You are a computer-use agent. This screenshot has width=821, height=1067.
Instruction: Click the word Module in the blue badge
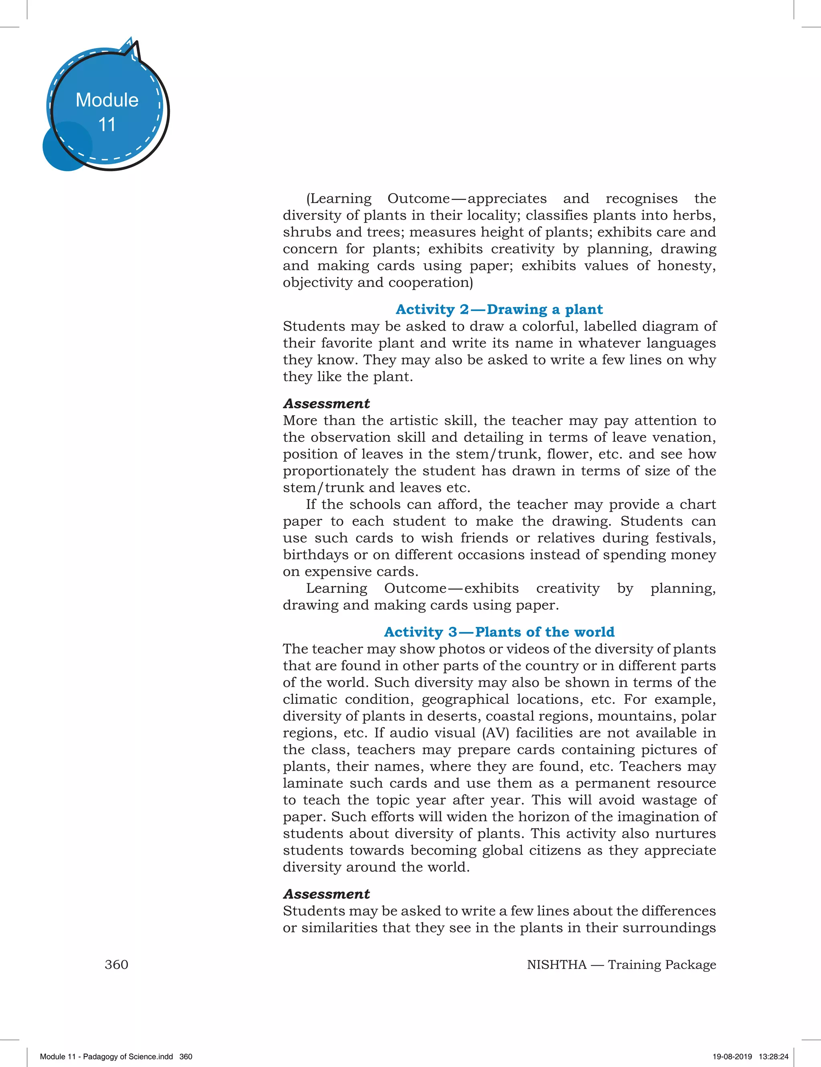[x=107, y=100]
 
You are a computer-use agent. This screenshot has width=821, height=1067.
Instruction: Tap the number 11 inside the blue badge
[x=107, y=125]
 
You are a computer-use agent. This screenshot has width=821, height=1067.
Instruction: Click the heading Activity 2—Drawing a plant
[x=499, y=309]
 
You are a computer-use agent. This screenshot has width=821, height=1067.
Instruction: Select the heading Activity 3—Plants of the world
[x=499, y=632]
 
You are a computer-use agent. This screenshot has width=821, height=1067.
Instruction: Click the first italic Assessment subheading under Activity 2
[x=326, y=404]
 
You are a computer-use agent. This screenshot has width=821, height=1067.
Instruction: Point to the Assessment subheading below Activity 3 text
[x=326, y=894]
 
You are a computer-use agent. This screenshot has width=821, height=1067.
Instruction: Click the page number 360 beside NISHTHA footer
[x=116, y=964]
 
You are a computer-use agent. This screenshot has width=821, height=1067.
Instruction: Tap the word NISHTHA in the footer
[x=556, y=964]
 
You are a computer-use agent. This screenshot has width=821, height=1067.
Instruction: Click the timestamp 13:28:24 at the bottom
[x=774, y=1056]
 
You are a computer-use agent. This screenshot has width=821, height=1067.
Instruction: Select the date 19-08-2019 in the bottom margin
[x=732, y=1056]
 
